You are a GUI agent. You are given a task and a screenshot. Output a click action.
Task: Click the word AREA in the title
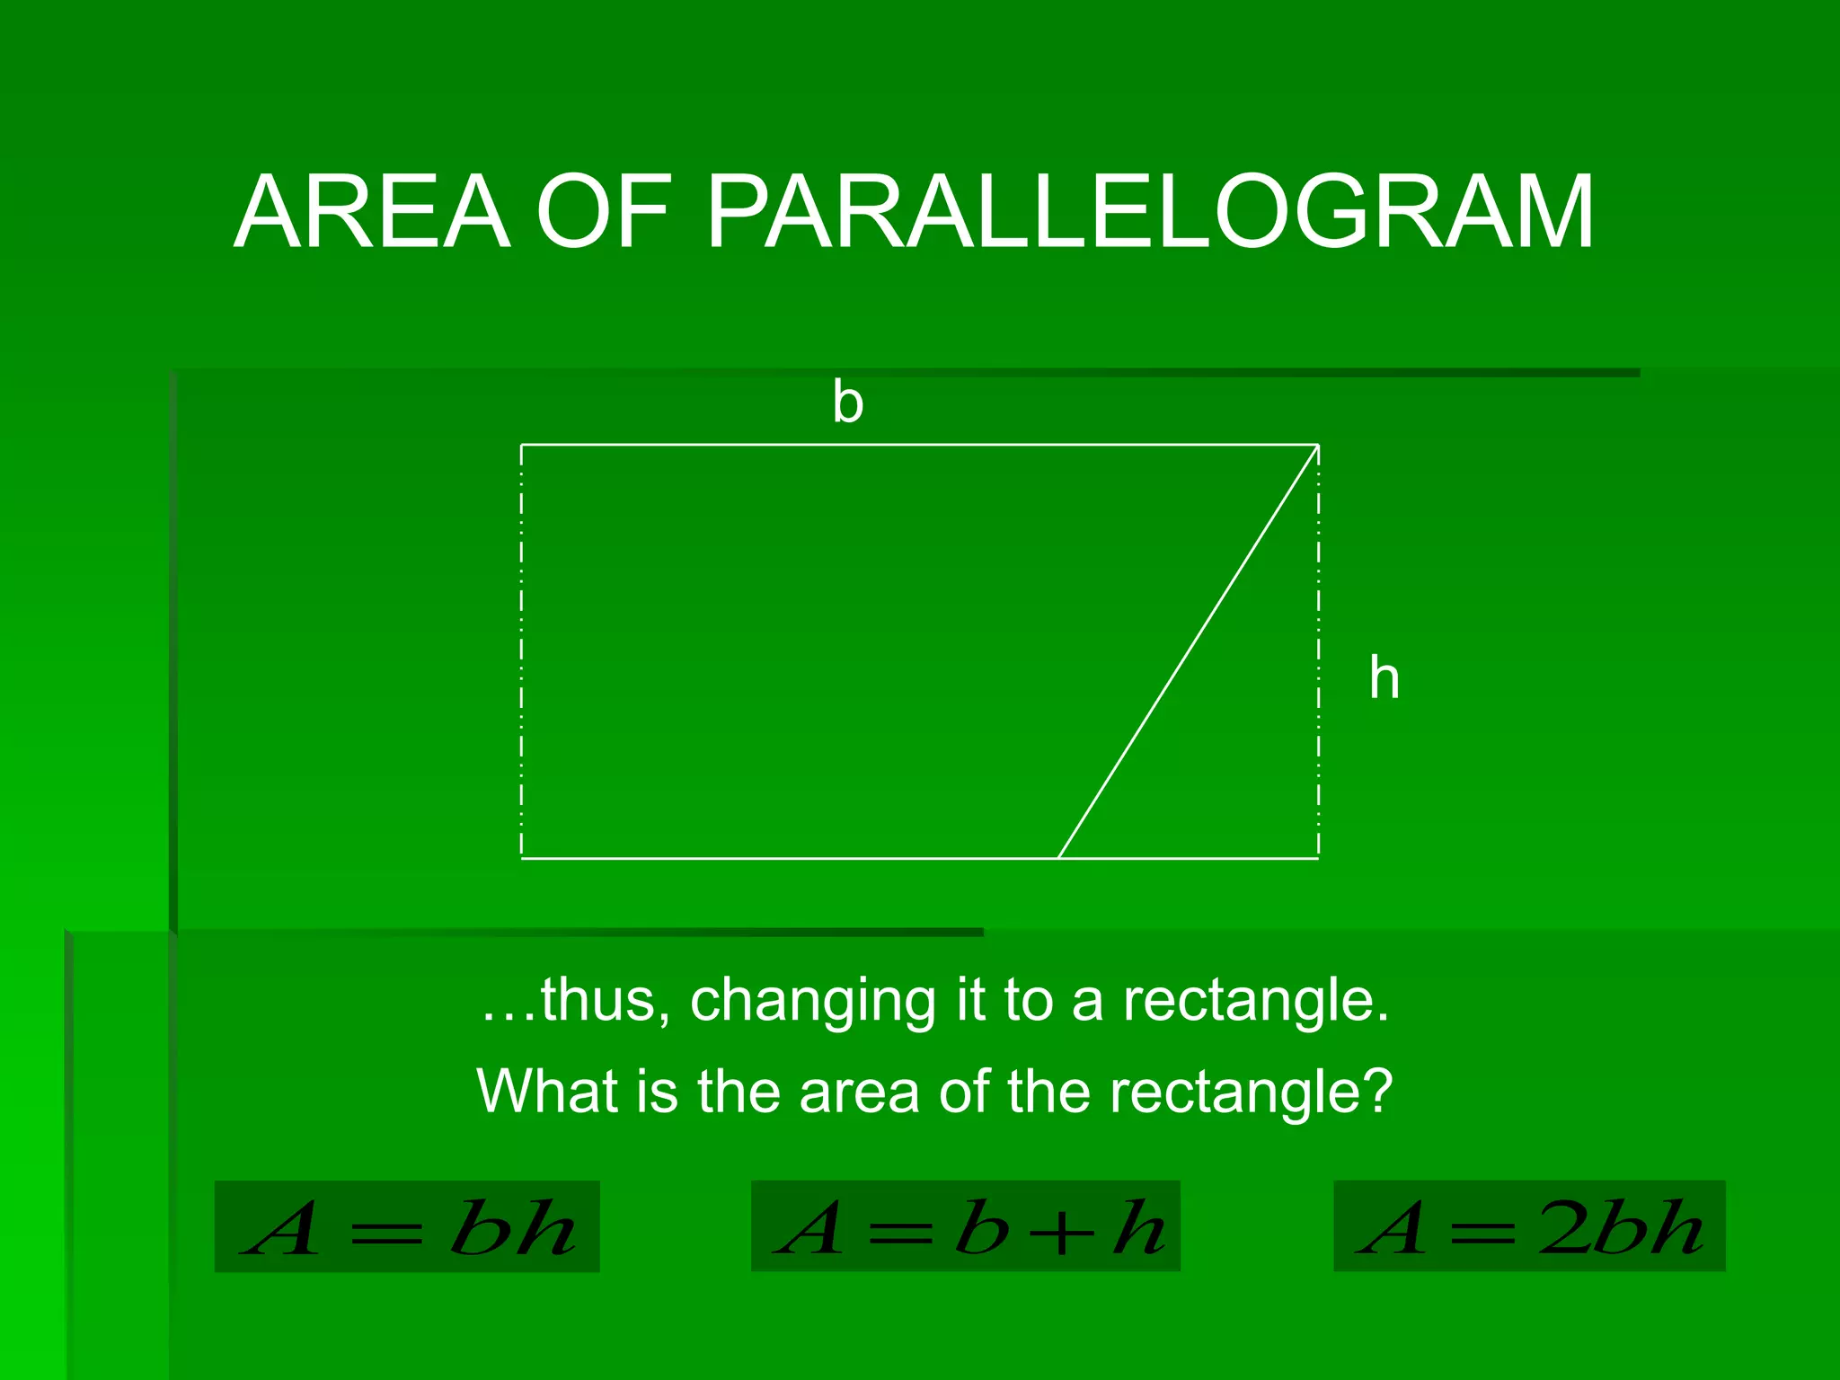pyautogui.click(x=372, y=213)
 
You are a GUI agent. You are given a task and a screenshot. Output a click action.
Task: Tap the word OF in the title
pyautogui.click(x=604, y=213)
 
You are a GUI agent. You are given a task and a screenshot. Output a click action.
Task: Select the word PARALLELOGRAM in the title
pyautogui.click(x=1150, y=213)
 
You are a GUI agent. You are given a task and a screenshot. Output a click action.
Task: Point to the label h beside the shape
pyautogui.click(x=1384, y=678)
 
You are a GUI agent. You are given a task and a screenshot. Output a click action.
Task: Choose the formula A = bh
pyautogui.click(x=407, y=1226)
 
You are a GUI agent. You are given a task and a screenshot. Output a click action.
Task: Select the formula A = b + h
pyautogui.click(x=965, y=1226)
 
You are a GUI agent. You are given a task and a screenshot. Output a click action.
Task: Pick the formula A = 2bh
pyautogui.click(x=1529, y=1226)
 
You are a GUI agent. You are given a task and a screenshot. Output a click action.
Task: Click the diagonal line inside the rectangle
pyautogui.click(x=1188, y=651)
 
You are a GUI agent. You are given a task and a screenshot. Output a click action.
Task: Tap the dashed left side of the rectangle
pyautogui.click(x=521, y=651)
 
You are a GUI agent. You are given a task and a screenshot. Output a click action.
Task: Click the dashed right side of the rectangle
pyautogui.click(x=1318, y=651)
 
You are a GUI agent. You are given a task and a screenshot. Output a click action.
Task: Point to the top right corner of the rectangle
pyautogui.click(x=1318, y=445)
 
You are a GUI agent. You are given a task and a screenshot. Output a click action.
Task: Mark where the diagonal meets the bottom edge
pyautogui.click(x=1058, y=858)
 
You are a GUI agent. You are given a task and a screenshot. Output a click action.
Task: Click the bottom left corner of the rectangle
pyautogui.click(x=522, y=858)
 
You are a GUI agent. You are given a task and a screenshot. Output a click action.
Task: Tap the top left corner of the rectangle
pyautogui.click(x=522, y=445)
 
